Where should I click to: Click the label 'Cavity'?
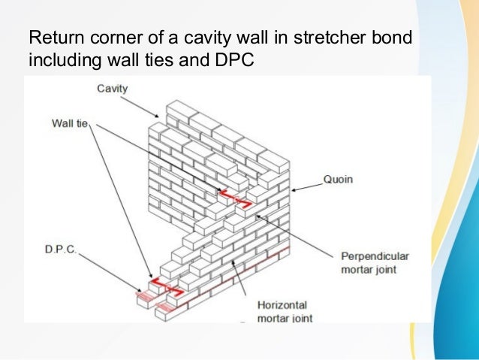[x=113, y=89]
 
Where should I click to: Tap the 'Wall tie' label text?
[x=70, y=122]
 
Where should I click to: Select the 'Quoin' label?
[x=338, y=180]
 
